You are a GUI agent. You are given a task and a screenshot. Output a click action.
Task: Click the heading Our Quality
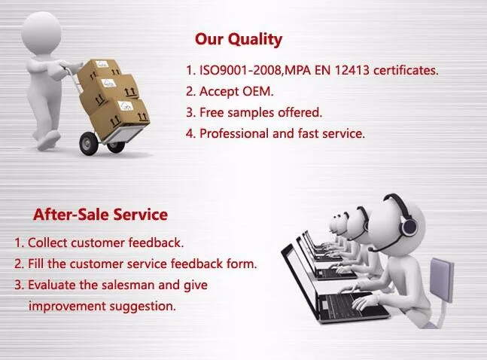(x=239, y=40)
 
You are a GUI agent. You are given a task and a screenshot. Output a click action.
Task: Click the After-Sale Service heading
(x=100, y=215)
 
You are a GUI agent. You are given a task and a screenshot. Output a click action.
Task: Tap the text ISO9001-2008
(x=240, y=70)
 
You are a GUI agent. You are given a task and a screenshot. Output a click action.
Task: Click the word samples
(x=251, y=113)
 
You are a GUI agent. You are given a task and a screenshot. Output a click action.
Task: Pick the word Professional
(x=234, y=133)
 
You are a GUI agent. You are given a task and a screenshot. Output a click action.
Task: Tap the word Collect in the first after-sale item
(x=47, y=243)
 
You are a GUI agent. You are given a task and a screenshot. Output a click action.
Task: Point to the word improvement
(x=67, y=307)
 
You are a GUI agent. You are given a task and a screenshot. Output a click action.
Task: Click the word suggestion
(x=142, y=307)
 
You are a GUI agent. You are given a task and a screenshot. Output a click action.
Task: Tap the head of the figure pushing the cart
(x=41, y=32)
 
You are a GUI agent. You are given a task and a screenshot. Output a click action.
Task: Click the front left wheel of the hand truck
(x=89, y=143)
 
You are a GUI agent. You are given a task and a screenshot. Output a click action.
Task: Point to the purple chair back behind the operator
(x=441, y=279)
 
